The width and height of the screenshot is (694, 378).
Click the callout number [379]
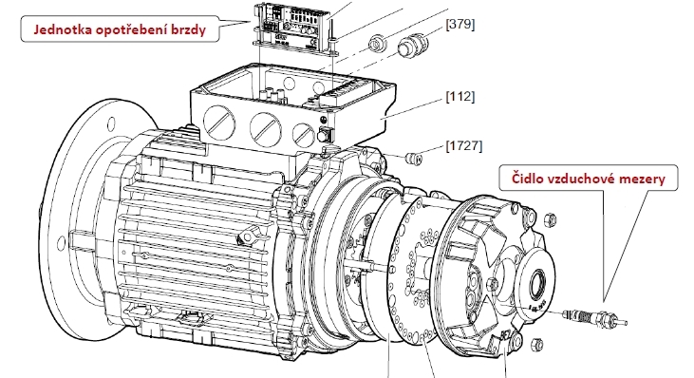[460, 24]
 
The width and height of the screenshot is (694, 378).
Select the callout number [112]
[460, 96]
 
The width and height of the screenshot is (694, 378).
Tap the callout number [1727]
[464, 145]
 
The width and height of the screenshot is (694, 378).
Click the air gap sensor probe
[595, 317]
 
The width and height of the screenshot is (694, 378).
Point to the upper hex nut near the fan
[550, 218]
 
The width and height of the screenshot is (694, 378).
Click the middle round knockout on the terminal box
[266, 128]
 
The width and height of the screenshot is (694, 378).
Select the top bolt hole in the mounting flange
[111, 123]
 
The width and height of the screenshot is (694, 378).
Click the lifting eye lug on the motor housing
[248, 236]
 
